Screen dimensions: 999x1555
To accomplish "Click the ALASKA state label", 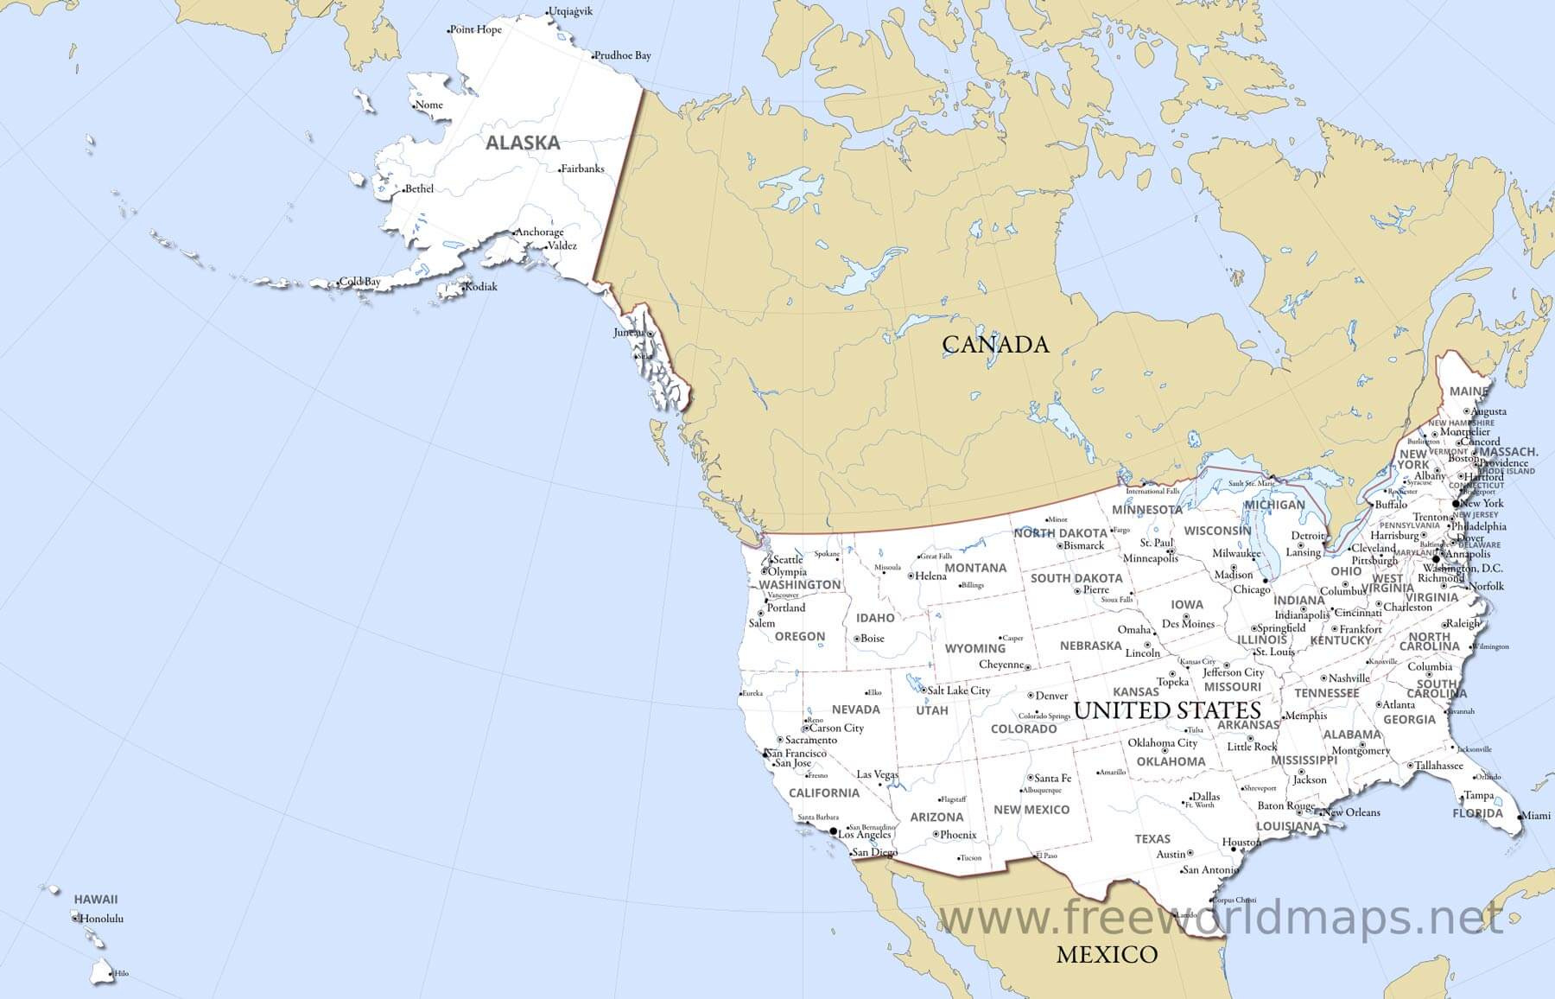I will click(523, 143).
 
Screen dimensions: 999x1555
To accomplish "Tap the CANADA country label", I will click(995, 344).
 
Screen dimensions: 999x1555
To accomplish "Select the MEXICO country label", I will click(1107, 954).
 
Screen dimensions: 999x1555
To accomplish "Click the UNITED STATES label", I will click(1167, 710).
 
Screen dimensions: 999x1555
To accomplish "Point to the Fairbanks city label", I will click(583, 169).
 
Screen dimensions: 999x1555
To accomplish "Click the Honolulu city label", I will click(101, 918).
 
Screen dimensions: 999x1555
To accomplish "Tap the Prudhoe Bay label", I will click(623, 55).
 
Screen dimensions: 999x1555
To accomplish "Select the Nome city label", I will click(429, 105).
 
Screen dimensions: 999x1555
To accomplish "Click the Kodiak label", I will click(481, 287).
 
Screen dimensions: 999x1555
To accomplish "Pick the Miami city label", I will click(1535, 815).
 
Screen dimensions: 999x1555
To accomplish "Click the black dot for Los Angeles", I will click(833, 832).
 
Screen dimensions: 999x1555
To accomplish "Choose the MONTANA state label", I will click(975, 568).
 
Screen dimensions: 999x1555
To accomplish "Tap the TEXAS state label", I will click(1152, 838).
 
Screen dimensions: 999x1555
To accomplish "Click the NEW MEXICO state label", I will click(1031, 810).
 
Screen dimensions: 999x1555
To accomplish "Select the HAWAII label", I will click(95, 899).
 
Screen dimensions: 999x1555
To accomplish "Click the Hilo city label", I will click(121, 974).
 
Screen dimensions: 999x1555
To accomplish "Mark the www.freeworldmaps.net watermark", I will click(1221, 918).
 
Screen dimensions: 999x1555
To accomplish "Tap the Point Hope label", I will click(477, 29).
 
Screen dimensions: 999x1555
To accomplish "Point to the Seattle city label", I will click(788, 559).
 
